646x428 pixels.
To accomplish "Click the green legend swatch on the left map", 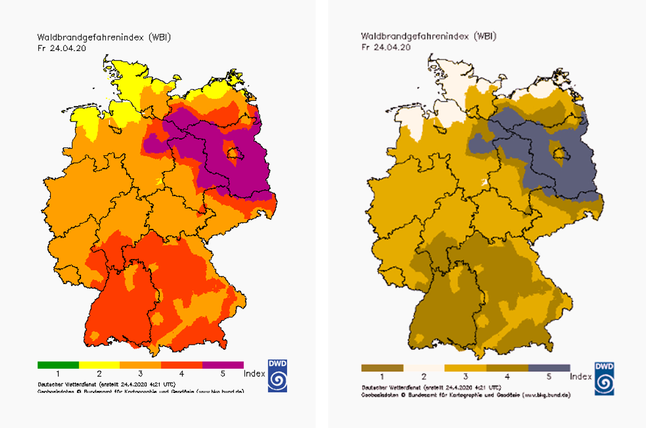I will pyautogui.click(x=58, y=365).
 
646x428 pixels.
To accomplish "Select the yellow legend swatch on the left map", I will pyautogui.click(x=99, y=365).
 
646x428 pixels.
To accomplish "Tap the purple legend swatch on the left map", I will pyautogui.click(x=223, y=365).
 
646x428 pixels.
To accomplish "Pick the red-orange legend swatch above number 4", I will pyautogui.click(x=182, y=365).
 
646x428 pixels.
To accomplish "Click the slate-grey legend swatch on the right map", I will pyautogui.click(x=549, y=368).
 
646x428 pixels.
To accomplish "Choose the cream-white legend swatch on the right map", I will pyautogui.click(x=424, y=368).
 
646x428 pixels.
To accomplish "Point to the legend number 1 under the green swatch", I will pyautogui.click(x=58, y=373).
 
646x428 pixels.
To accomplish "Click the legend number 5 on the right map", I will pyautogui.click(x=549, y=376).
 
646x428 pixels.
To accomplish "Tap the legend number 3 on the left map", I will pyautogui.click(x=140, y=373).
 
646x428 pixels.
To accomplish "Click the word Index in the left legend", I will pyautogui.click(x=254, y=373).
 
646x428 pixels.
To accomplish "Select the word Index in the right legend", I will pyautogui.click(x=581, y=376).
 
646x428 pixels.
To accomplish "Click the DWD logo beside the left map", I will pyautogui.click(x=277, y=374).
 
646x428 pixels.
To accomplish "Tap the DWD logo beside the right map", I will pyautogui.click(x=604, y=378).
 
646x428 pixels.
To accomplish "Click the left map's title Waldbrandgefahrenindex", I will pyautogui.click(x=86, y=37).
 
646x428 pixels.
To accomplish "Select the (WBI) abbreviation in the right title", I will pyautogui.click(x=484, y=37).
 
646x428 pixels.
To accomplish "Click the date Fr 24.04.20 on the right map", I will pyautogui.click(x=386, y=47).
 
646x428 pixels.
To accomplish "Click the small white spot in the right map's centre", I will pyautogui.click(x=485, y=182).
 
